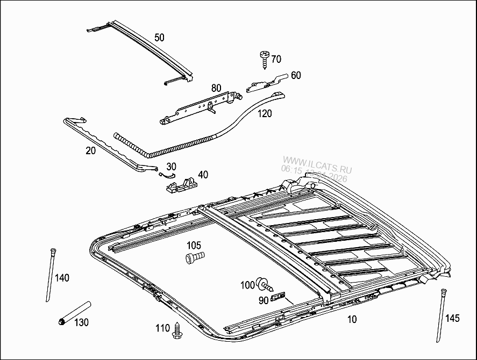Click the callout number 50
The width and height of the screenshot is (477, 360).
click(x=159, y=37)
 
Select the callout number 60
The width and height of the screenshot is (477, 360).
click(x=296, y=75)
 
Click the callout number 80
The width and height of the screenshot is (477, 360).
click(x=216, y=88)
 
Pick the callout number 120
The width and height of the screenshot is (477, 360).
click(x=265, y=113)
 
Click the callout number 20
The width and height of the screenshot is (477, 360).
click(x=90, y=151)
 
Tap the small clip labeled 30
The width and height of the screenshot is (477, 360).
click(x=167, y=172)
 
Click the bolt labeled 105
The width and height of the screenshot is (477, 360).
click(x=195, y=258)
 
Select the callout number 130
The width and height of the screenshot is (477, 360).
click(x=81, y=322)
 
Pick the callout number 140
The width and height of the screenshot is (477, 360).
click(x=62, y=278)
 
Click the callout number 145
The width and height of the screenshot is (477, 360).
click(x=452, y=318)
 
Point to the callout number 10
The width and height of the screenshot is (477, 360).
click(x=352, y=320)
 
